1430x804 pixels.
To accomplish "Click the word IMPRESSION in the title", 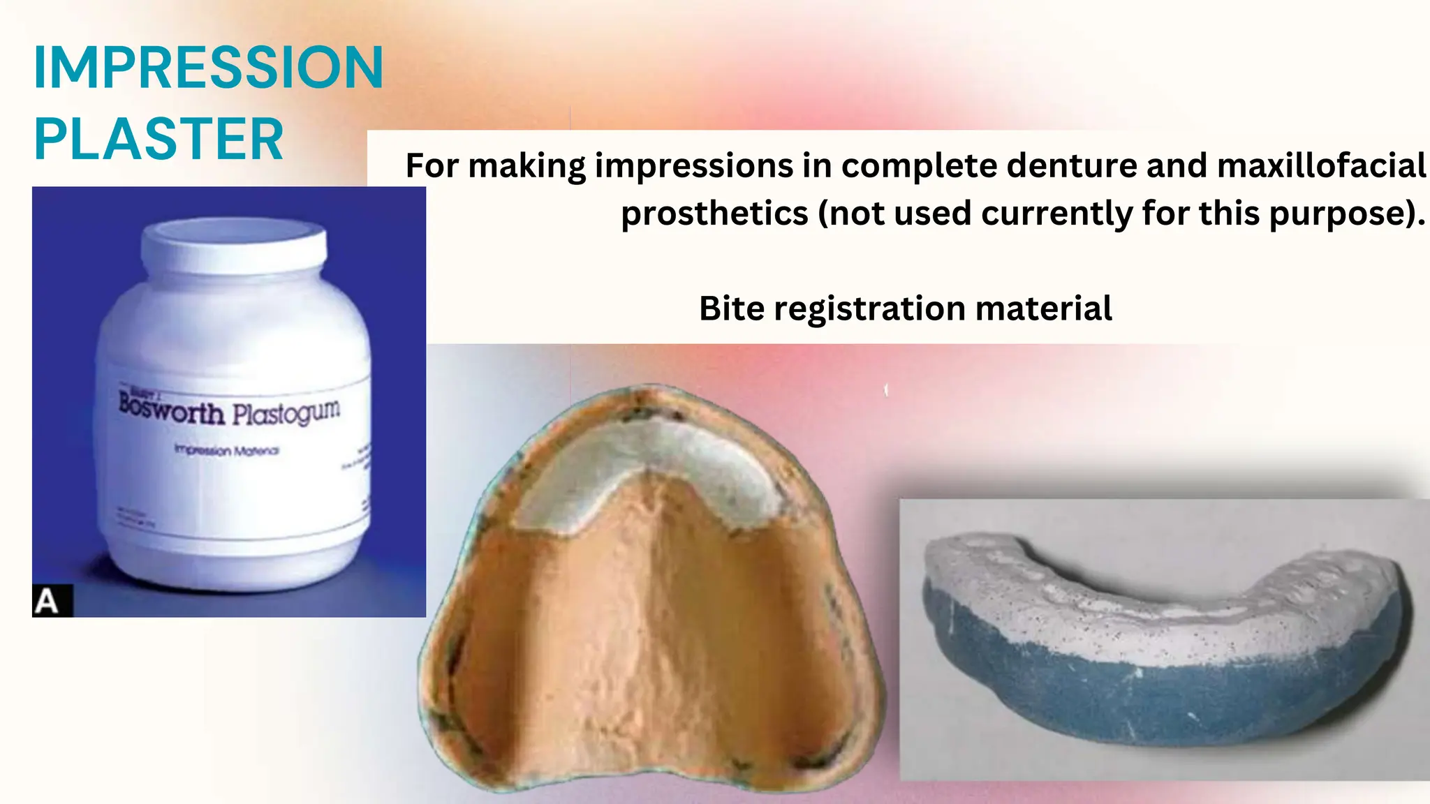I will pyautogui.click(x=208, y=68).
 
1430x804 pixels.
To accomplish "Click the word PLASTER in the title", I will pyautogui.click(x=159, y=139).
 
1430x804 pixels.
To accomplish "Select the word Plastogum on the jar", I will pyautogui.click(x=286, y=413).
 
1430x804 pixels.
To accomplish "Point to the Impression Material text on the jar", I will pyautogui.click(x=226, y=450).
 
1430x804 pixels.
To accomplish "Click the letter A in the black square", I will pyautogui.click(x=47, y=601).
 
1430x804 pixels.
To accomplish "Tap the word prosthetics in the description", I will pyautogui.click(x=714, y=213).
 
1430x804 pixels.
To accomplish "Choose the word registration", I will pyautogui.click(x=869, y=308).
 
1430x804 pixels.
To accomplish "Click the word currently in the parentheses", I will pyautogui.click(x=1056, y=213).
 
